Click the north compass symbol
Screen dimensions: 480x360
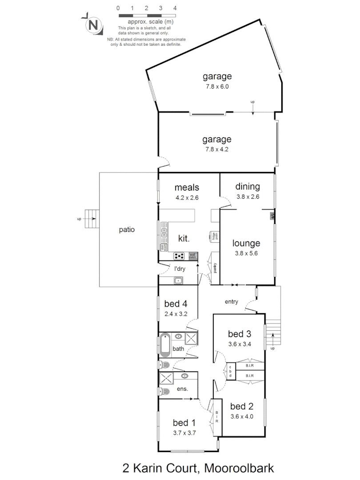[x=93, y=25]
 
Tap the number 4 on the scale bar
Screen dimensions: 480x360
[x=175, y=8]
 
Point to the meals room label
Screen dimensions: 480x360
[x=187, y=187]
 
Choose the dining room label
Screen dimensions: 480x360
[x=247, y=187]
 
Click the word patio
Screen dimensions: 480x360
[x=126, y=230]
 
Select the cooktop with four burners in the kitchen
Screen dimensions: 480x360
[x=180, y=256]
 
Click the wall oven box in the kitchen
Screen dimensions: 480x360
[x=193, y=256]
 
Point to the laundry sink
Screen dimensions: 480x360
[x=178, y=280]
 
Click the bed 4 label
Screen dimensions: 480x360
[x=175, y=304]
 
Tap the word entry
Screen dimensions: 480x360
[x=231, y=302]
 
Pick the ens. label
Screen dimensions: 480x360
[x=182, y=389]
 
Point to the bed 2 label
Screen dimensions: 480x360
[x=242, y=406]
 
